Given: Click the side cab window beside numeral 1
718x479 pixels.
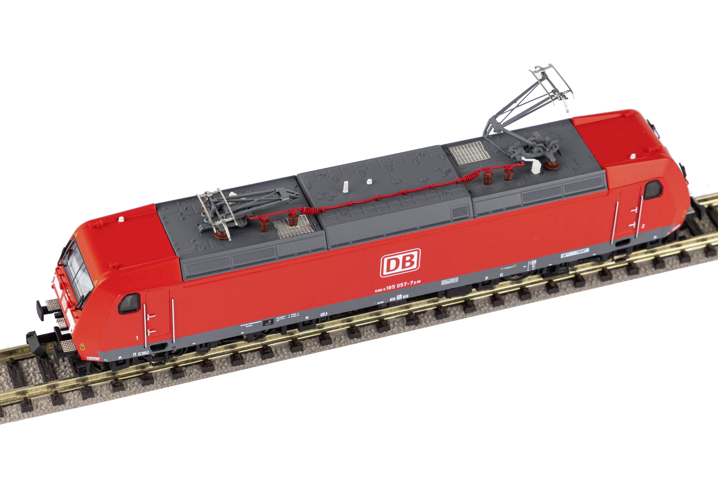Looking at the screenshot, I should (x=129, y=303).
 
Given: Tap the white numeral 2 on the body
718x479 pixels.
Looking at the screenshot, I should (x=643, y=226).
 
